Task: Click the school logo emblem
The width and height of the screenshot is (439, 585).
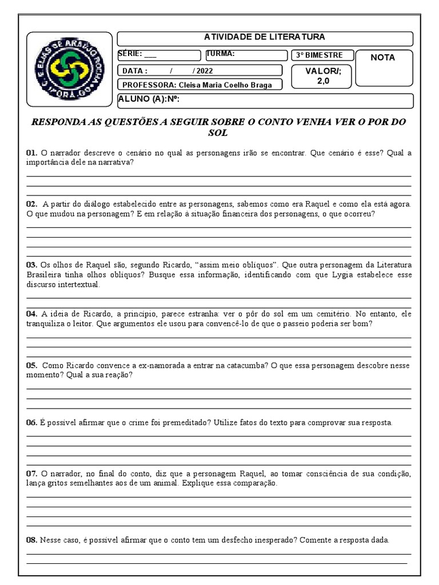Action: [67, 70]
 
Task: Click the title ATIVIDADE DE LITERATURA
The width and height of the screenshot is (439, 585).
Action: [265, 37]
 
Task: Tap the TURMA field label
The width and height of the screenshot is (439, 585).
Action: [221, 54]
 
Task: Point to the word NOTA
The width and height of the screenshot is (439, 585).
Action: [382, 58]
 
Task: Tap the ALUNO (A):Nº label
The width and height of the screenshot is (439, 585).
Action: [149, 100]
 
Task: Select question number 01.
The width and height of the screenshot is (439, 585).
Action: [31, 153]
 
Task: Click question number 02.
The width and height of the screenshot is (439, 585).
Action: [31, 204]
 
